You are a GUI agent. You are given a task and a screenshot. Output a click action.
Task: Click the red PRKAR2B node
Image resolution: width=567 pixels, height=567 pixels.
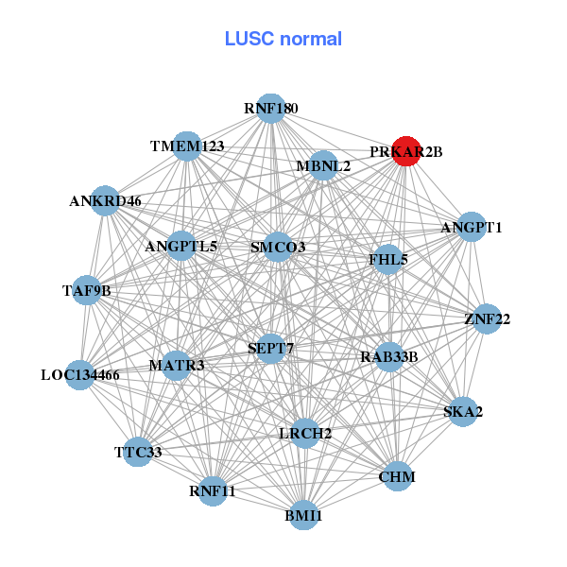[x=405, y=151]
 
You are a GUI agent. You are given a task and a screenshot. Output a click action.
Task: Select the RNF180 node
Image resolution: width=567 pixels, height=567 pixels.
[x=271, y=109]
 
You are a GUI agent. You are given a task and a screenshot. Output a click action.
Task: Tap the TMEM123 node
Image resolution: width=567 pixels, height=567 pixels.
[x=187, y=146]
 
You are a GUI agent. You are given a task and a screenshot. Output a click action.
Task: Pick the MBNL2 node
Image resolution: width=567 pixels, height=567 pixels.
[x=323, y=166]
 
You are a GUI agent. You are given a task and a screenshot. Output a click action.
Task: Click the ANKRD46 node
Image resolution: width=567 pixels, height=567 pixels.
[x=106, y=200]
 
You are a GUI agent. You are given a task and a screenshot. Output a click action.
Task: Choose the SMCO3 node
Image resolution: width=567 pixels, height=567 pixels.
[x=278, y=248]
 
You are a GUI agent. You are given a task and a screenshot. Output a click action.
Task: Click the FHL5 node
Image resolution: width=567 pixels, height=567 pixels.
[x=387, y=258]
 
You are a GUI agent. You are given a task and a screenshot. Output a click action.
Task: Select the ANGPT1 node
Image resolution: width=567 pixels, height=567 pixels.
[x=472, y=228]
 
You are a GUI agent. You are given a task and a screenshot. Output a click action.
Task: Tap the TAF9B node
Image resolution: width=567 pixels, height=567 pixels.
[x=87, y=290]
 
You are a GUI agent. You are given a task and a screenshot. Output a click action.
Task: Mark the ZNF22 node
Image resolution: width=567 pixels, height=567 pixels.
[x=488, y=319]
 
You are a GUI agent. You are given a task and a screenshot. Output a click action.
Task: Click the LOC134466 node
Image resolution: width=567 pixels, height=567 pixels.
[x=80, y=375]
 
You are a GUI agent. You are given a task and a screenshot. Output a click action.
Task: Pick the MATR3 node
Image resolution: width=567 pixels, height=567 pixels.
[x=177, y=365]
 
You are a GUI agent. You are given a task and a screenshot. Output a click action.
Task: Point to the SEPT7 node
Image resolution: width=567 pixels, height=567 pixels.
[x=271, y=349]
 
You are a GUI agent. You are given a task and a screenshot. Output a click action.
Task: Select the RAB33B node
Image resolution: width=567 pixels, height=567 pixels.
[x=388, y=356]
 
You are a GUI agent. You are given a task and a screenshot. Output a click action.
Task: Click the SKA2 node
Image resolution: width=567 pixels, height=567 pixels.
[x=462, y=411]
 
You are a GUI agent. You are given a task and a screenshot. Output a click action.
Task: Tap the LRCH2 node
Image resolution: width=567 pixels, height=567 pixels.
[x=304, y=433]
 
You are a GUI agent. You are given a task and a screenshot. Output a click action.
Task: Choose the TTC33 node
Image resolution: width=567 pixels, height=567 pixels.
[x=139, y=452]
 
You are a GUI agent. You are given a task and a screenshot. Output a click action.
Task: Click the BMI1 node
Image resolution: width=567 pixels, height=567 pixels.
[x=303, y=515]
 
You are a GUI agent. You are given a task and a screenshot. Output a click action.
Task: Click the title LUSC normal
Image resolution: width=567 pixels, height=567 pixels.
[x=283, y=39]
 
